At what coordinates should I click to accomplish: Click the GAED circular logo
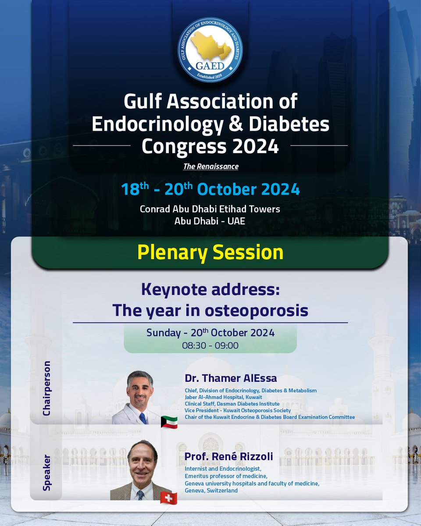[210, 50]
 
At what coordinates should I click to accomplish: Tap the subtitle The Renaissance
[210, 167]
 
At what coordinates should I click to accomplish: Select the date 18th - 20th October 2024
[210, 189]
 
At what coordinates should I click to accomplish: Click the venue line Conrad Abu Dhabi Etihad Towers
[210, 209]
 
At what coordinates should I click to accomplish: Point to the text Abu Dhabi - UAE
[210, 221]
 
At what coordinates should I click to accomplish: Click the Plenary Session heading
[210, 252]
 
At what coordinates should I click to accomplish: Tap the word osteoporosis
[258, 310]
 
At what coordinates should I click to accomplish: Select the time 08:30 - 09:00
[210, 345]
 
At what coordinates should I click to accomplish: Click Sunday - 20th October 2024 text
[210, 333]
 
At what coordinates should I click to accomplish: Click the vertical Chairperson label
[47, 388]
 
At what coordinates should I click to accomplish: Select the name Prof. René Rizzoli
[228, 457]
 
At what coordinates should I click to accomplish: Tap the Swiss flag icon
[169, 498]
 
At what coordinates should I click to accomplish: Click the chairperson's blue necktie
[143, 418]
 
